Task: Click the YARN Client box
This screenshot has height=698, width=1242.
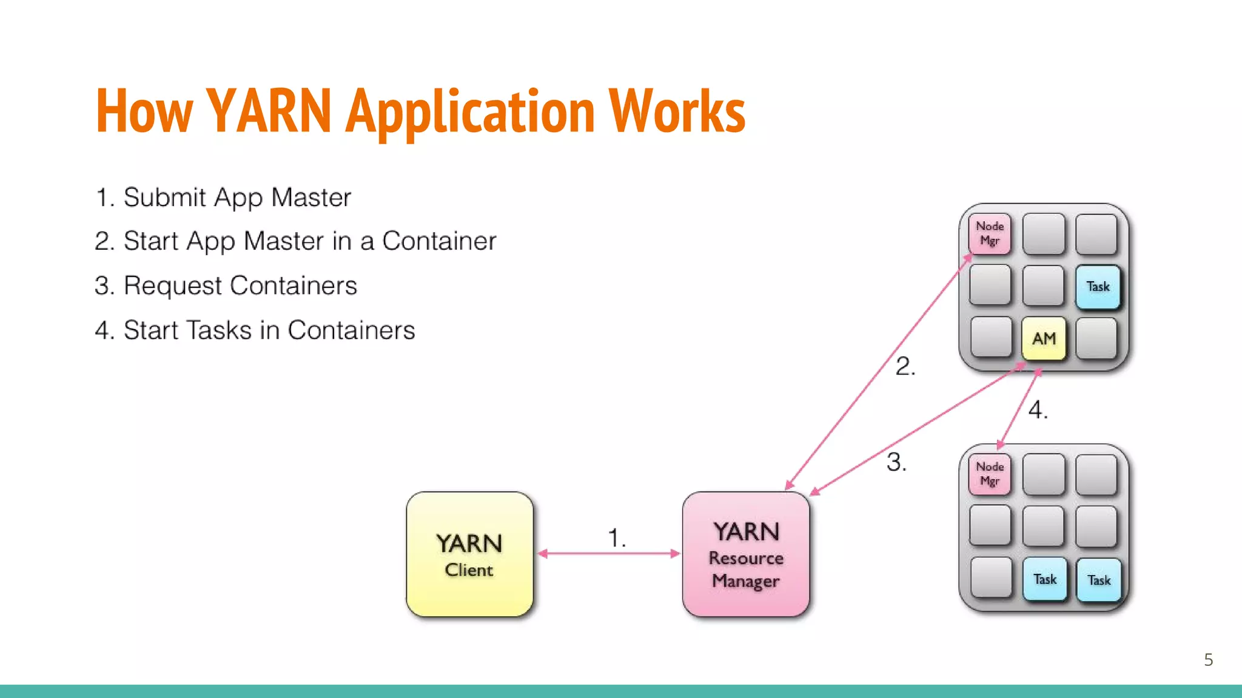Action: [469, 554]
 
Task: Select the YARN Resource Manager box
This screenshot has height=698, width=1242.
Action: [745, 554]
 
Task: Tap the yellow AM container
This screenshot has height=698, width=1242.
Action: [1043, 338]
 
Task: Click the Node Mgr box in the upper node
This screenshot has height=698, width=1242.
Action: [990, 233]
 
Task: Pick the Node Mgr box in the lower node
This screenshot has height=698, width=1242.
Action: [990, 474]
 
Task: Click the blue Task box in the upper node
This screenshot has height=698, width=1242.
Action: [1098, 287]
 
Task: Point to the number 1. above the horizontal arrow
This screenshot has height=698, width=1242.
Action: [617, 537]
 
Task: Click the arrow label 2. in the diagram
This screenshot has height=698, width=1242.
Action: [905, 367]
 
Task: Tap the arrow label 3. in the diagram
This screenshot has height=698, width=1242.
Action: [896, 462]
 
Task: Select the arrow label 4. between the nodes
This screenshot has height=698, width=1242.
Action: [1038, 410]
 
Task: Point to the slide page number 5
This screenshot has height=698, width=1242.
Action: [1208, 660]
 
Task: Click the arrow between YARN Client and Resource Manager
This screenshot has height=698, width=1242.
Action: [608, 553]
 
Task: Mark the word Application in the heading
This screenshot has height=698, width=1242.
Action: [470, 112]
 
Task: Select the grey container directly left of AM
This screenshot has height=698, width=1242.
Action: [990, 337]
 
